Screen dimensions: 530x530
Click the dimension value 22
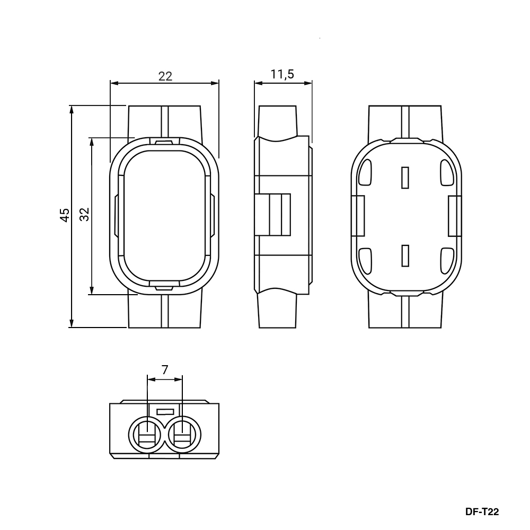165,76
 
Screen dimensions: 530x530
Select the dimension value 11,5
282,74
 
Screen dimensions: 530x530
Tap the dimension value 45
65,215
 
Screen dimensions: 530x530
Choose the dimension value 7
165,370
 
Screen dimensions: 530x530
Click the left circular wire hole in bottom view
147,435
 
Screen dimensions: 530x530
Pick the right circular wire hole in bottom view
183,435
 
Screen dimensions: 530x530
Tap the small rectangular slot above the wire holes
165,412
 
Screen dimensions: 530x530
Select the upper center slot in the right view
405,178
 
